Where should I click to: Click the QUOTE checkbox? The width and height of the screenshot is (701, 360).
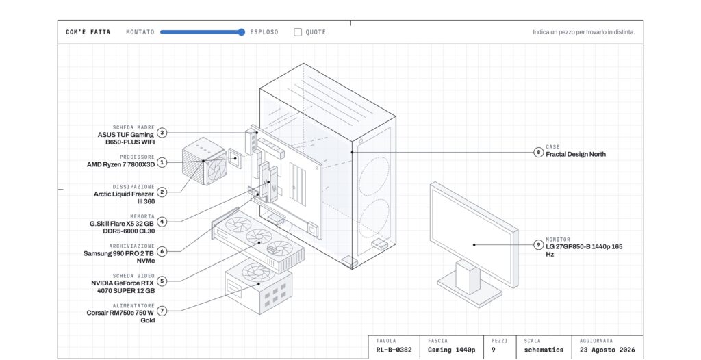coord(298,32)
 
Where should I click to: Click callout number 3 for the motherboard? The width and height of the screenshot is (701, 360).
coord(162,133)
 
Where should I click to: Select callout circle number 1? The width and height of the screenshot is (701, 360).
coord(162,162)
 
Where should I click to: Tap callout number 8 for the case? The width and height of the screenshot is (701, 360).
coord(538,152)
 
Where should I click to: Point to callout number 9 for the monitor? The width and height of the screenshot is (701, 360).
coord(538,244)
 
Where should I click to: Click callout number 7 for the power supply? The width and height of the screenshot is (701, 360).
coord(162,311)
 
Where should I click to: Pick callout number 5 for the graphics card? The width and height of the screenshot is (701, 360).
coord(162,281)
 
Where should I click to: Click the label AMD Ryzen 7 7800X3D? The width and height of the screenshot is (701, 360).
coord(120,164)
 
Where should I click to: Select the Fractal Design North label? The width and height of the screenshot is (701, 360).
coord(576,154)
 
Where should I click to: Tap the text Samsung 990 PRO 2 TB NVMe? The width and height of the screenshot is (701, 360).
coord(119,257)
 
